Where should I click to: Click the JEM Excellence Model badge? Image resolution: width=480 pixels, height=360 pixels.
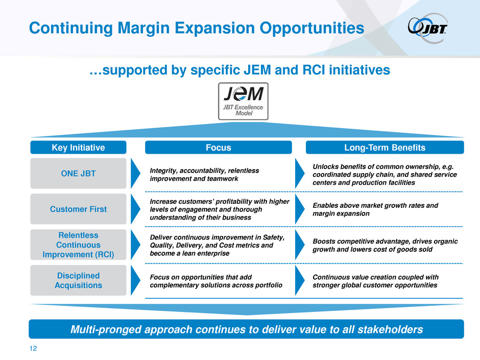[243, 101]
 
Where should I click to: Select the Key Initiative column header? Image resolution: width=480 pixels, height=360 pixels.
[78, 147]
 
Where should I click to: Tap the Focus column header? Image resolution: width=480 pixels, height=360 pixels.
[218, 147]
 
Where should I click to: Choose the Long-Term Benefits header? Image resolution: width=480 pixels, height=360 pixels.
[385, 147]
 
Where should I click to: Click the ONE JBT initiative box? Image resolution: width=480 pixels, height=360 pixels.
[78, 173]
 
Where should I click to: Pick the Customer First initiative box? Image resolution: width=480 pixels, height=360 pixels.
[78, 209]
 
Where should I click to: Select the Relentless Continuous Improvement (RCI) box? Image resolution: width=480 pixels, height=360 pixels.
[78, 245]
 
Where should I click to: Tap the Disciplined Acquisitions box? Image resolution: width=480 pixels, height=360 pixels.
[78, 280]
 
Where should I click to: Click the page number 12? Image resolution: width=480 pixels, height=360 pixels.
[33, 348]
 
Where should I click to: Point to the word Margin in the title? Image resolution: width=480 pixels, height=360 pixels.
[143, 28]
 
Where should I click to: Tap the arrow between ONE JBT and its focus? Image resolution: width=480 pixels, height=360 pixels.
[135, 173]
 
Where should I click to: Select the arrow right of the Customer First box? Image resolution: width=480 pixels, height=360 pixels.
[135, 209]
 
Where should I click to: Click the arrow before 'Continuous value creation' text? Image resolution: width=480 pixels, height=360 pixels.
[299, 280]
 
